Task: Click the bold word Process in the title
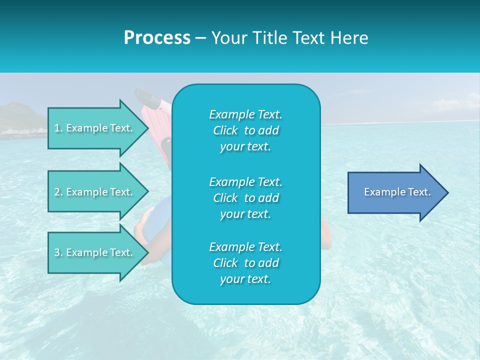[157, 38]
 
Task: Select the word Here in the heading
[348, 38]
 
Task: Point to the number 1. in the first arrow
[58, 128]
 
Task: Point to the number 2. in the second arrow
[58, 192]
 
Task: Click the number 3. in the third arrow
[58, 252]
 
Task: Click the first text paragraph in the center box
[245, 130]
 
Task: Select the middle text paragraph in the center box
[245, 198]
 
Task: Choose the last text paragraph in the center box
[245, 263]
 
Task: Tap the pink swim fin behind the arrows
[156, 120]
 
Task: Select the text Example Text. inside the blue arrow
[397, 192]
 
